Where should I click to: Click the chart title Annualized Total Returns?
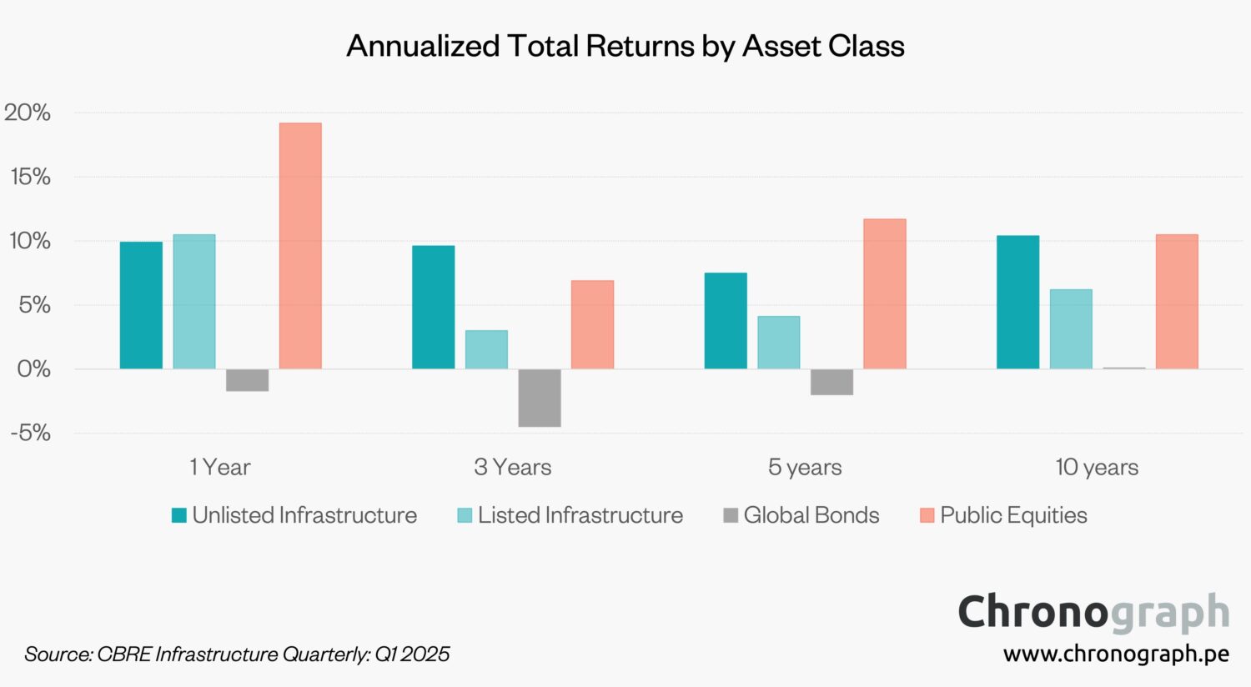pyautogui.click(x=625, y=46)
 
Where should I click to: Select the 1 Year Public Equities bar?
pyautogui.click(x=300, y=246)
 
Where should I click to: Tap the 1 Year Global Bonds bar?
pyautogui.click(x=247, y=380)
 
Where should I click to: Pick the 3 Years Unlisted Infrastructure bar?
pyautogui.click(x=434, y=307)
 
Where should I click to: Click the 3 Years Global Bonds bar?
pyautogui.click(x=540, y=398)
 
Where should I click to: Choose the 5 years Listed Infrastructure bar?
pyautogui.click(x=779, y=343)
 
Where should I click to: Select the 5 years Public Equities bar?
pyautogui.click(x=885, y=293)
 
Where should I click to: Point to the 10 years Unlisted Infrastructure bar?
pyautogui.click(x=1017, y=302)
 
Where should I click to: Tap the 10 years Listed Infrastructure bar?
pyautogui.click(x=1071, y=329)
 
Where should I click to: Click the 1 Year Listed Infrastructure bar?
pyautogui.click(x=194, y=302)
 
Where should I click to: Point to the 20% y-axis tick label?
pyautogui.click(x=28, y=113)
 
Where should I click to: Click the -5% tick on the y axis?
pyautogui.click(x=31, y=433)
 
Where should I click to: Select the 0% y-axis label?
pyautogui.click(x=33, y=369)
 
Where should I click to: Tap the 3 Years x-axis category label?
pyautogui.click(x=512, y=467)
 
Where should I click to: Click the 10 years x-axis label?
pyautogui.click(x=1097, y=467)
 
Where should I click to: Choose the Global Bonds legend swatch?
pyautogui.click(x=731, y=515)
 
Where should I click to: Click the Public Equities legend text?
pyautogui.click(x=1013, y=515)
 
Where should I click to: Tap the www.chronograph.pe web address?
pyautogui.click(x=1116, y=654)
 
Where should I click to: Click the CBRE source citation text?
pyautogui.click(x=237, y=654)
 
